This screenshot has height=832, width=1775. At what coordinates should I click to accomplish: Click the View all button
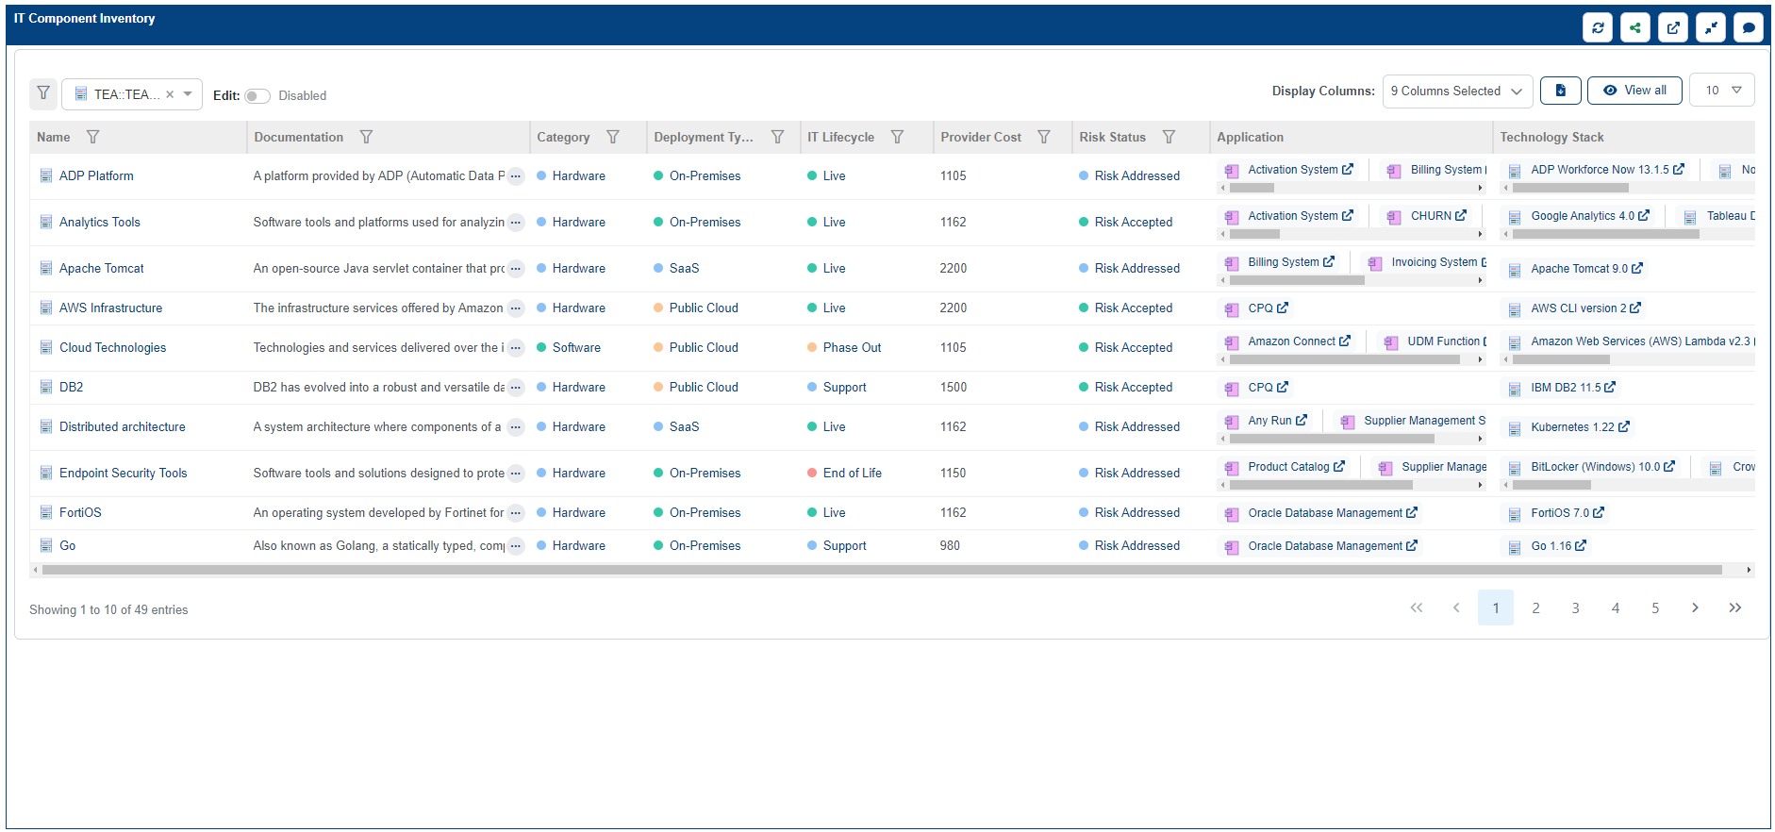tap(1634, 91)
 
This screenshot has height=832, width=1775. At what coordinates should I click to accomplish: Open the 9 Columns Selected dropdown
tap(1457, 92)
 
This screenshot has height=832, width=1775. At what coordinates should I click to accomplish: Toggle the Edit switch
tap(257, 96)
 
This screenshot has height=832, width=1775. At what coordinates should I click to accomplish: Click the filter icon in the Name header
tap(92, 138)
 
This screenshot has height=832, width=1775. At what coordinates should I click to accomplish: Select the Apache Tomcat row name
tap(102, 269)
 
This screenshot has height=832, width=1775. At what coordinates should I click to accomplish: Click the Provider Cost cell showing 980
tap(950, 546)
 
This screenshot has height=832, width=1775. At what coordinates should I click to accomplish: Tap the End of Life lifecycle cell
tap(852, 474)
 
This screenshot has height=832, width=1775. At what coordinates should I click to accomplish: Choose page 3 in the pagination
tap(1575, 608)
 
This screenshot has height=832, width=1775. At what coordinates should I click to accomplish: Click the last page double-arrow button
tap(1734, 608)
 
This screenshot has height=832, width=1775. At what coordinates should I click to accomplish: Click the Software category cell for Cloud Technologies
tap(576, 348)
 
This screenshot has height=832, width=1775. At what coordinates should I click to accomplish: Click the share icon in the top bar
tap(1635, 27)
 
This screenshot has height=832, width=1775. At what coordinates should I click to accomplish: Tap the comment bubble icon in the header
tap(1749, 27)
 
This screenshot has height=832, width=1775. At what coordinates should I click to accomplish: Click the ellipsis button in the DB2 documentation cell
tap(516, 388)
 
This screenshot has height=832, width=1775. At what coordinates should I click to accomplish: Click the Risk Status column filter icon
tap(1169, 138)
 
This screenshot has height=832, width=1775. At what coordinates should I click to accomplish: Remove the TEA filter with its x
tap(170, 94)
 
